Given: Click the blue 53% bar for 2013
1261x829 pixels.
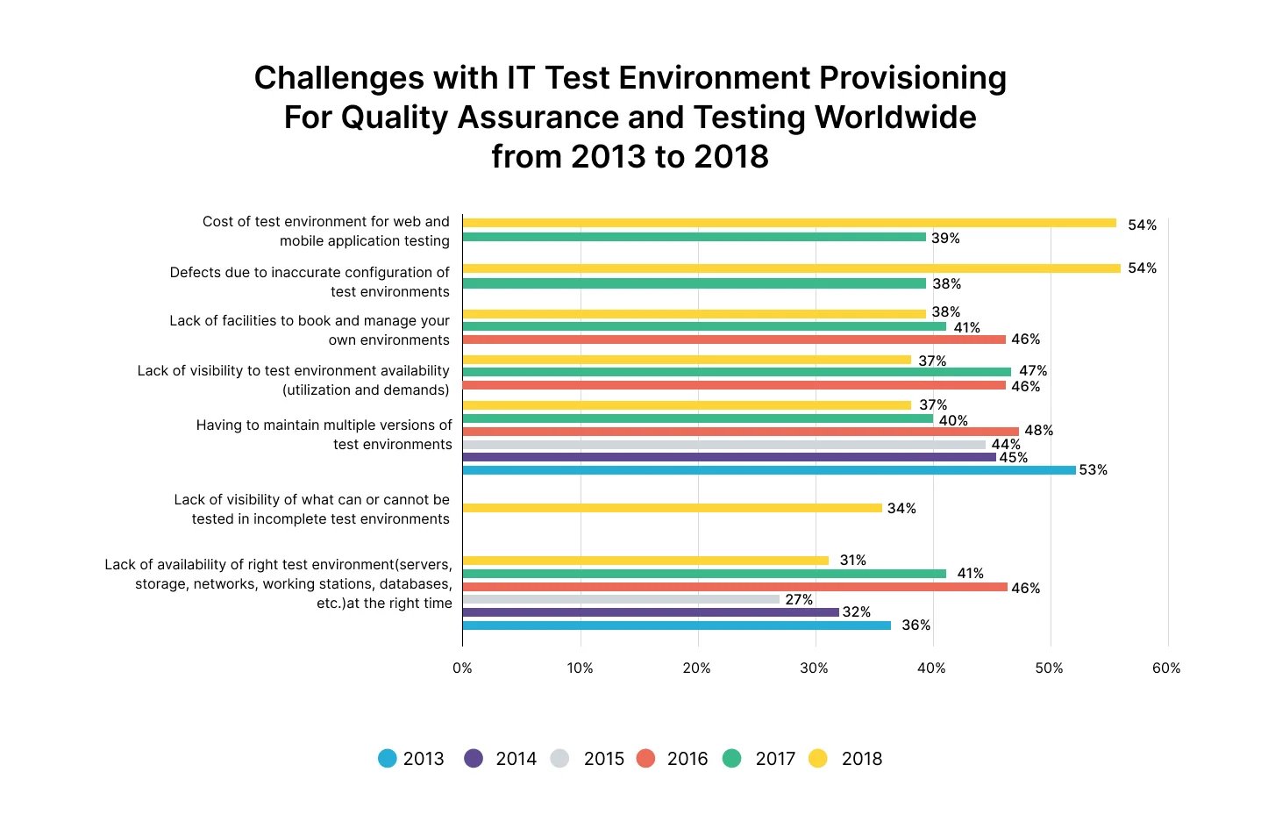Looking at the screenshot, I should [768, 470].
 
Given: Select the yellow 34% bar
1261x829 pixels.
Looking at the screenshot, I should [672, 508].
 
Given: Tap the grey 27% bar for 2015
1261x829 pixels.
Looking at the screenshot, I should [621, 599].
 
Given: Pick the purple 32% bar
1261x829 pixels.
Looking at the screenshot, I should [651, 612].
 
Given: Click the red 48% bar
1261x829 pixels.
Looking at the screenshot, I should [740, 431].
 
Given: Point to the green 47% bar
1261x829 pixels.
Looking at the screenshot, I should [737, 372].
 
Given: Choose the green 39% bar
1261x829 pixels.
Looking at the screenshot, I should [694, 237].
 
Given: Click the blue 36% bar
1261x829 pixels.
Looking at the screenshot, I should [676, 625].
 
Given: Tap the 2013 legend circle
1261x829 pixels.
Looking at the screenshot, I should [387, 758].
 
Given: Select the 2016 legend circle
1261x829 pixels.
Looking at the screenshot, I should [645, 758].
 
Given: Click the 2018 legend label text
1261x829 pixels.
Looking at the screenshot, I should [861, 759].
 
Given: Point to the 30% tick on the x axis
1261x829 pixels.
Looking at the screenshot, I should [814, 668].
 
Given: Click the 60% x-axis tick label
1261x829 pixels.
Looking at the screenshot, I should [1165, 668].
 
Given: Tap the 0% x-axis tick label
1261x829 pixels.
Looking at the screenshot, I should [462, 668].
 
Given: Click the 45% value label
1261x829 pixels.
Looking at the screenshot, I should [1013, 458].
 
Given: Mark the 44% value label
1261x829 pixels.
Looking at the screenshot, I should [1005, 445].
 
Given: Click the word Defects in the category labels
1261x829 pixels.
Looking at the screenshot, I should [196, 273].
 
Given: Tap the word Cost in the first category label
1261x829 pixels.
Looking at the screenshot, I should [217, 222].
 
